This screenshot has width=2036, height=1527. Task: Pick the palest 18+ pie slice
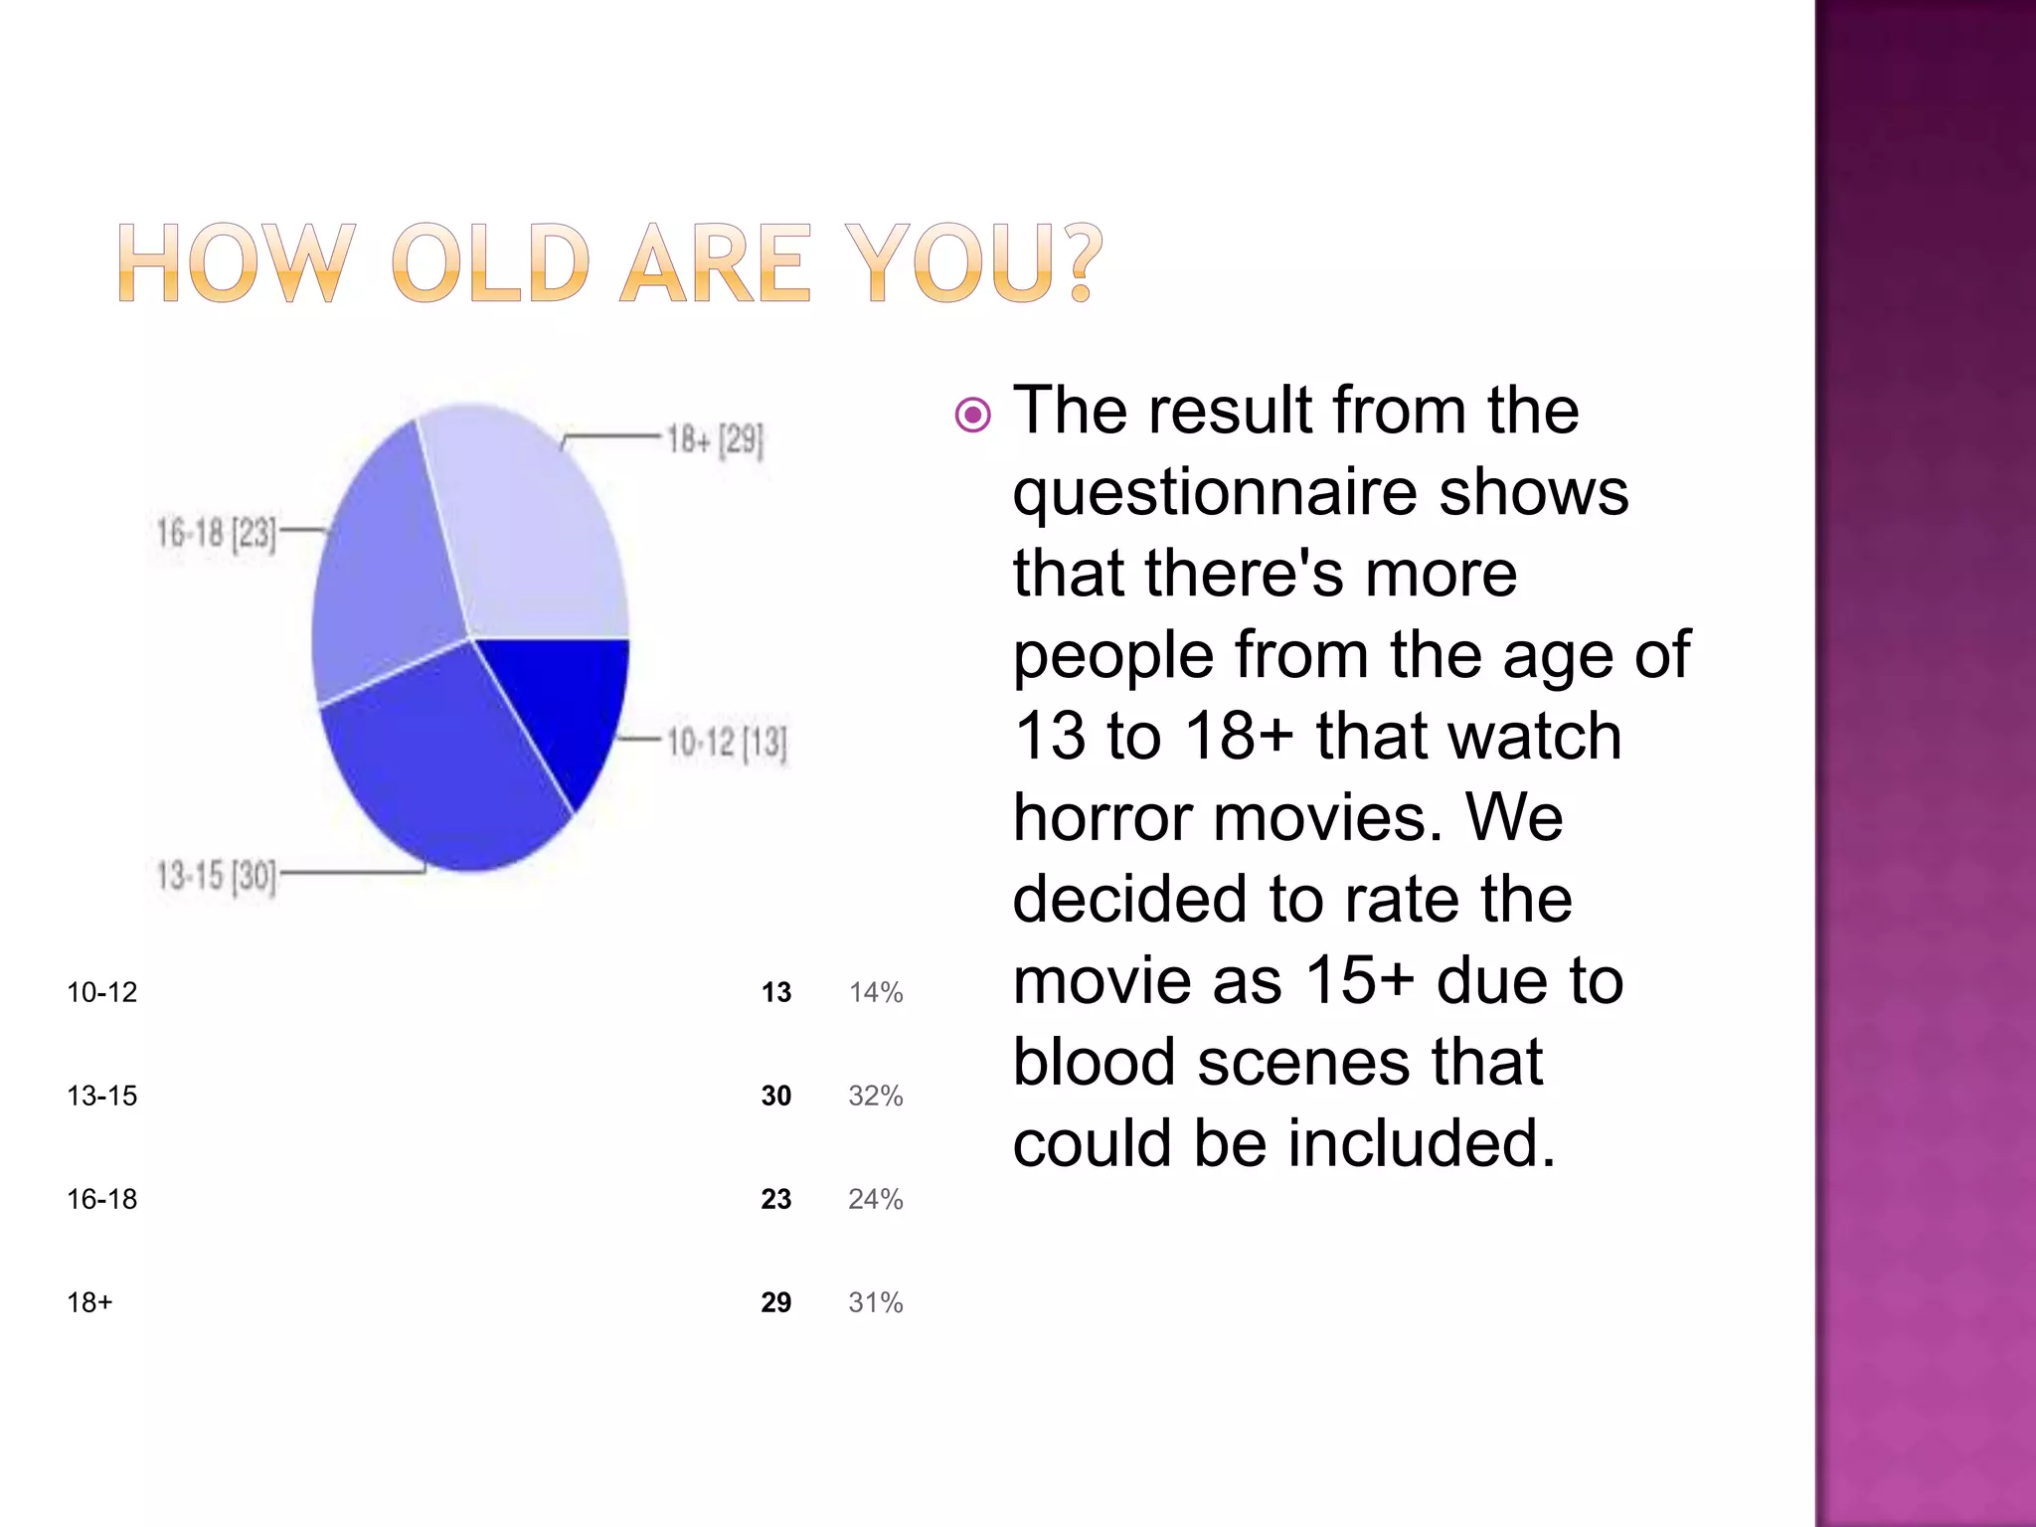click(x=527, y=527)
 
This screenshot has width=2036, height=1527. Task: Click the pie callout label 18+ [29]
click(x=715, y=439)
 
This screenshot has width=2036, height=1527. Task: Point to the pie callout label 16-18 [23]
click(x=216, y=534)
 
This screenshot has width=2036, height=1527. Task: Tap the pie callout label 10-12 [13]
click(x=727, y=743)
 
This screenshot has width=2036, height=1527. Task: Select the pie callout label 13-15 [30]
click(x=216, y=877)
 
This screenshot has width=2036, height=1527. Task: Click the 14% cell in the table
click(x=876, y=992)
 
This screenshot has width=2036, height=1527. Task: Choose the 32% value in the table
click(x=876, y=1096)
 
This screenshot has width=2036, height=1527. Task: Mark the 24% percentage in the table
click(x=876, y=1199)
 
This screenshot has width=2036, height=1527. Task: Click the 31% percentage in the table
click(x=876, y=1302)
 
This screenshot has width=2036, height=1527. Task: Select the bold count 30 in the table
click(x=776, y=1096)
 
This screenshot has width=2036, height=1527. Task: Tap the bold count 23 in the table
click(x=776, y=1199)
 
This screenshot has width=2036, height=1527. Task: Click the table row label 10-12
click(x=102, y=992)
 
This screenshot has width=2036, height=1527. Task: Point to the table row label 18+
click(x=90, y=1302)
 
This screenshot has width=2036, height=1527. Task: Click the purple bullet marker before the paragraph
click(x=972, y=415)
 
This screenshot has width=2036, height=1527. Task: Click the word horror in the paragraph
click(x=1103, y=818)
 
